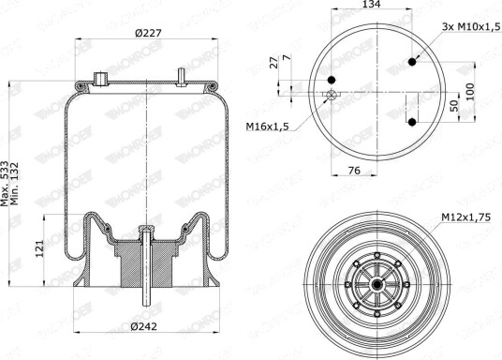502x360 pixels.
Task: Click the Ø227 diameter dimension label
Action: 148,33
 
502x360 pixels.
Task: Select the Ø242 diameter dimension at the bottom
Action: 143,326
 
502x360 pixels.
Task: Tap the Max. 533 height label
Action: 4,184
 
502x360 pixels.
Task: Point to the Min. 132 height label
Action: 15,184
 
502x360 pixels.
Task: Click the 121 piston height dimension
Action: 39,248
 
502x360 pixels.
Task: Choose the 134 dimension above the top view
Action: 371,4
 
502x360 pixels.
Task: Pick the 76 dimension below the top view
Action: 354,171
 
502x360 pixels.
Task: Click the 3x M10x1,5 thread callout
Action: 470,26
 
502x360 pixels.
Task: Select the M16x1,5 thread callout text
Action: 267,127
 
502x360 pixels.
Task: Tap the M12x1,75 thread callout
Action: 465,217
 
